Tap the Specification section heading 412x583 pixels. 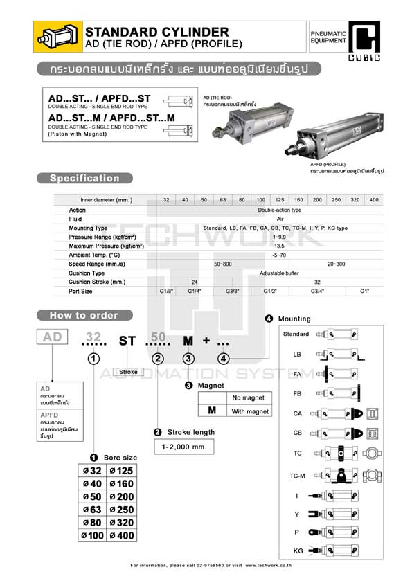coord(84,179)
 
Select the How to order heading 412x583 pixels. coord(84,315)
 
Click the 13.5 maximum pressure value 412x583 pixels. coord(280,246)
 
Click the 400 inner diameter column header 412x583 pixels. coord(374,200)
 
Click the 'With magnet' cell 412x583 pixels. coord(250,411)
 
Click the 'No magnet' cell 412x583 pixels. coord(249,398)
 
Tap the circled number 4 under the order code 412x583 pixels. coord(223,359)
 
